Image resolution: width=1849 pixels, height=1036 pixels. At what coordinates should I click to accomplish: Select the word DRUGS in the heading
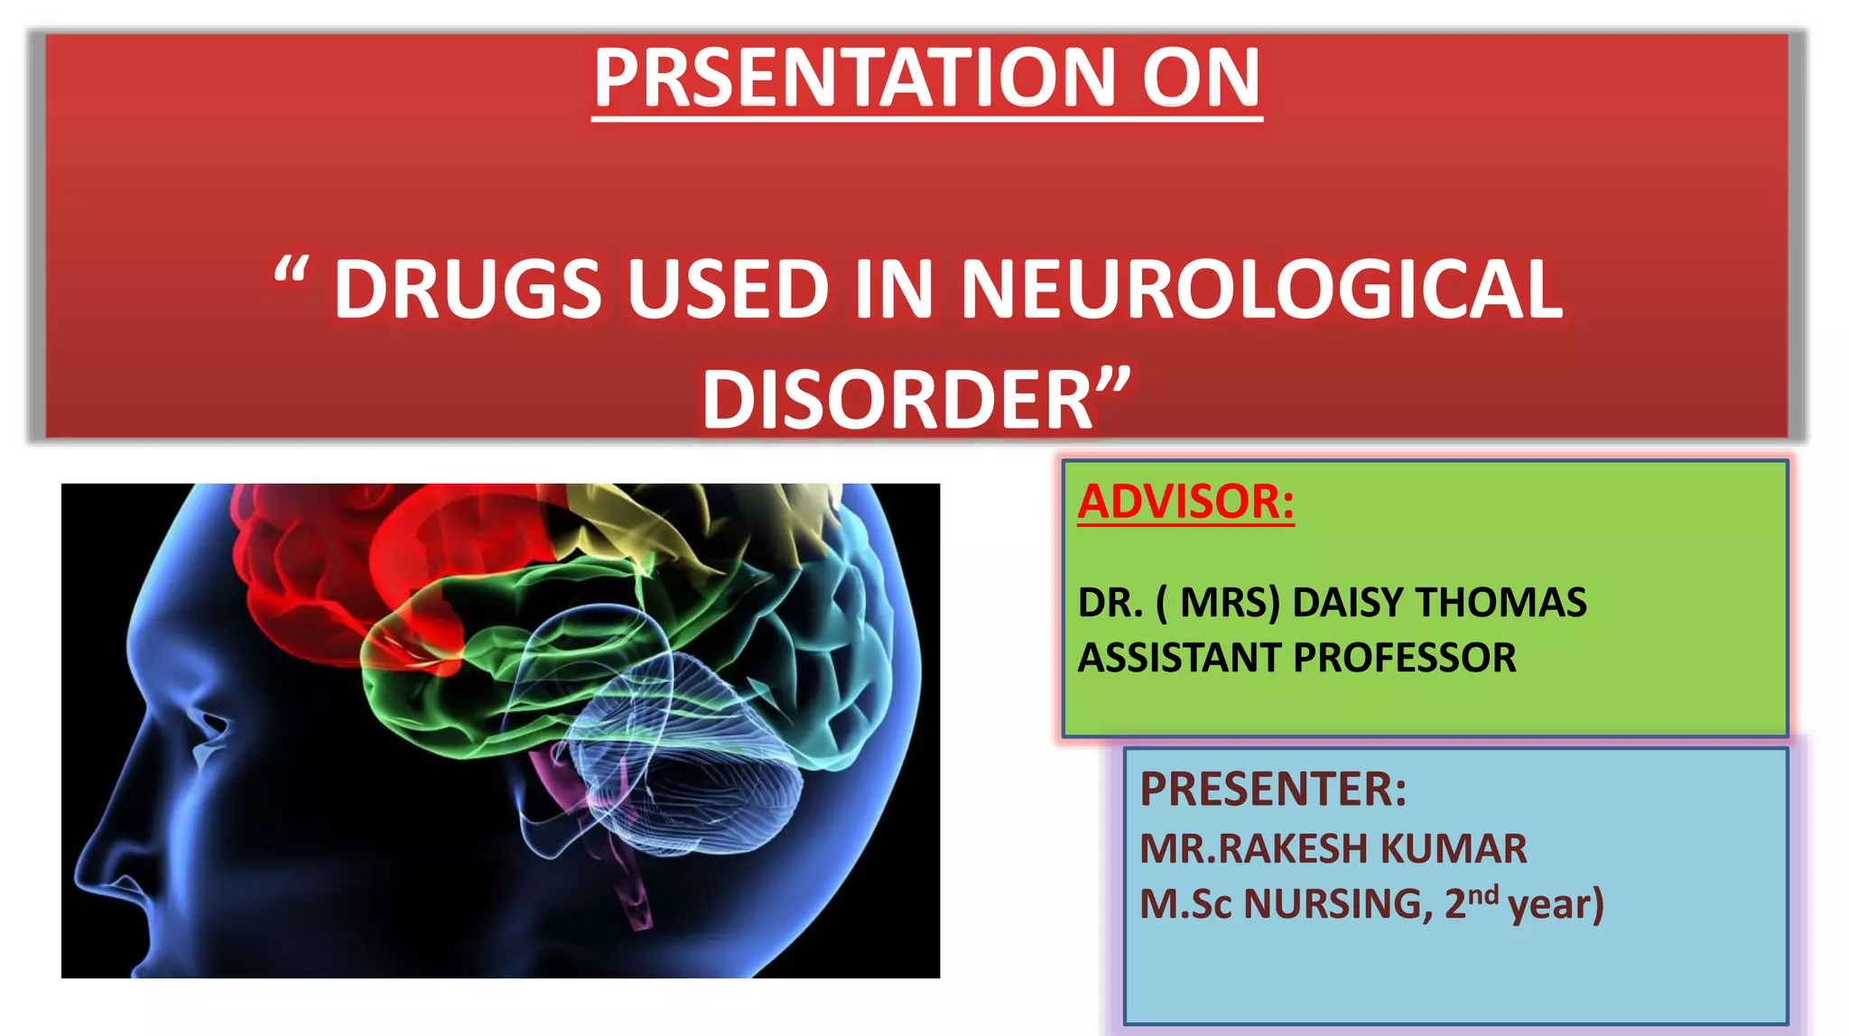467,290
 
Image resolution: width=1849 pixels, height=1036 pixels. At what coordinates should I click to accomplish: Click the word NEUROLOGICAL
1260,290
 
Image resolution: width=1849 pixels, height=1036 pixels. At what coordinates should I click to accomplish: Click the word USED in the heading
728,290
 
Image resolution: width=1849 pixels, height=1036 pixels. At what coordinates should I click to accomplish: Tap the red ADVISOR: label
1185,502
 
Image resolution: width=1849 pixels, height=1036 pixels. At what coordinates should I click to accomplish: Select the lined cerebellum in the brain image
704,776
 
